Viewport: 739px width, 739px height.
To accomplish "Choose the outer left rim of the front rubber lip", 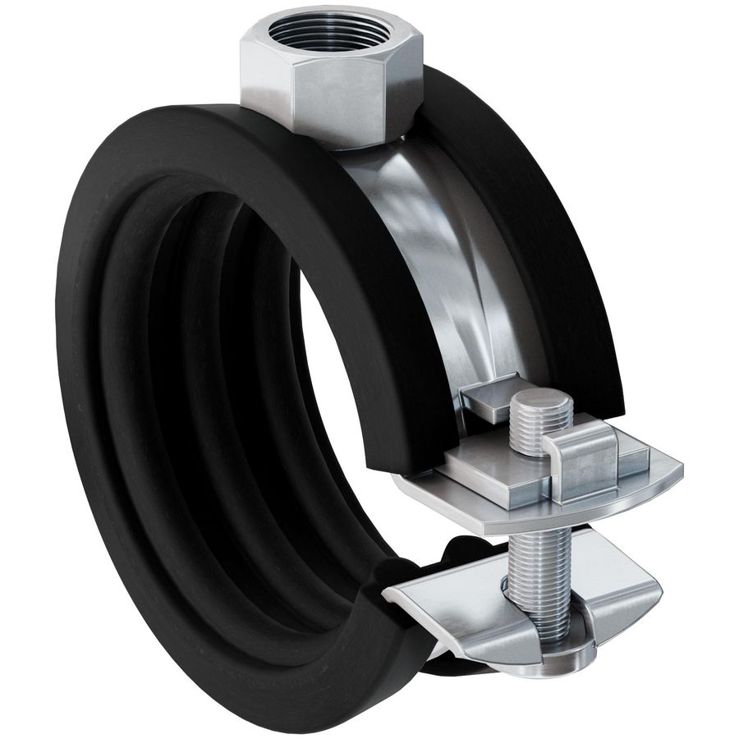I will pyautogui.click(x=70, y=369).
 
